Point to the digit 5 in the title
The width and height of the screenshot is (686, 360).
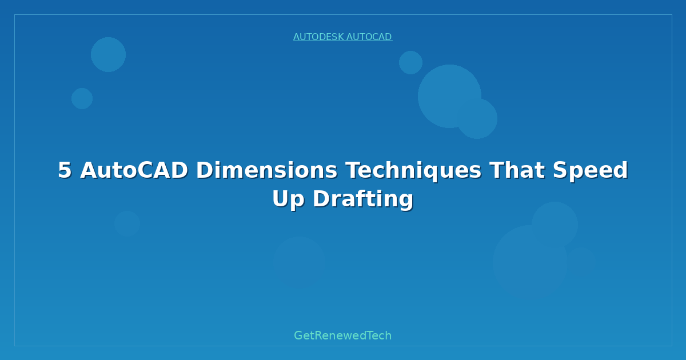[65, 170]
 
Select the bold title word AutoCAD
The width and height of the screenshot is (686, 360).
[134, 170]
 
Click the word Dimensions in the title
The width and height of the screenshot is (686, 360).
[266, 170]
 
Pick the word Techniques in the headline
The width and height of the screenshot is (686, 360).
[413, 171]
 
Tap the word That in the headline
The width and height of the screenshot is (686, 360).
[517, 170]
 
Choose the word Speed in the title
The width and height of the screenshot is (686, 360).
[591, 171]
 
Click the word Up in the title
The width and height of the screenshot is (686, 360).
[288, 199]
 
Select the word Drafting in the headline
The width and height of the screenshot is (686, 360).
[363, 199]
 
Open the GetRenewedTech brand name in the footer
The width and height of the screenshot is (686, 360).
[342, 335]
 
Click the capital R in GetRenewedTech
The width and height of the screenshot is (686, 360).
[318, 335]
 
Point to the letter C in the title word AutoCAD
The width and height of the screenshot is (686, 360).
[146, 170]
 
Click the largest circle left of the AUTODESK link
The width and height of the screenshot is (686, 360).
[108, 54]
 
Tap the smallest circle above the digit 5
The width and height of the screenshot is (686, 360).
[82, 98]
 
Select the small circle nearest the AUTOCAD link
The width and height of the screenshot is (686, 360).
[410, 62]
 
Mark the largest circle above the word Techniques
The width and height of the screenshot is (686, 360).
[449, 96]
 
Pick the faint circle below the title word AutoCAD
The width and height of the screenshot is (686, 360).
[127, 223]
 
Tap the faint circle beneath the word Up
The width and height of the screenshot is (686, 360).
[299, 262]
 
